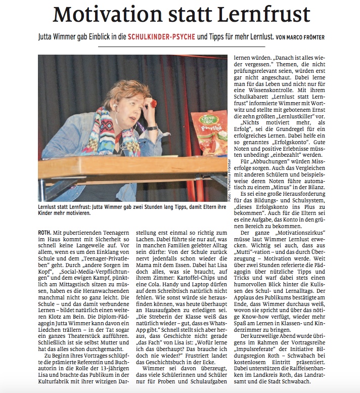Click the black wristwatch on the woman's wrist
pos(151,128)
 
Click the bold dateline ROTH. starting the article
pos(44,232)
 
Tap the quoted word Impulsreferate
pos(258,348)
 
